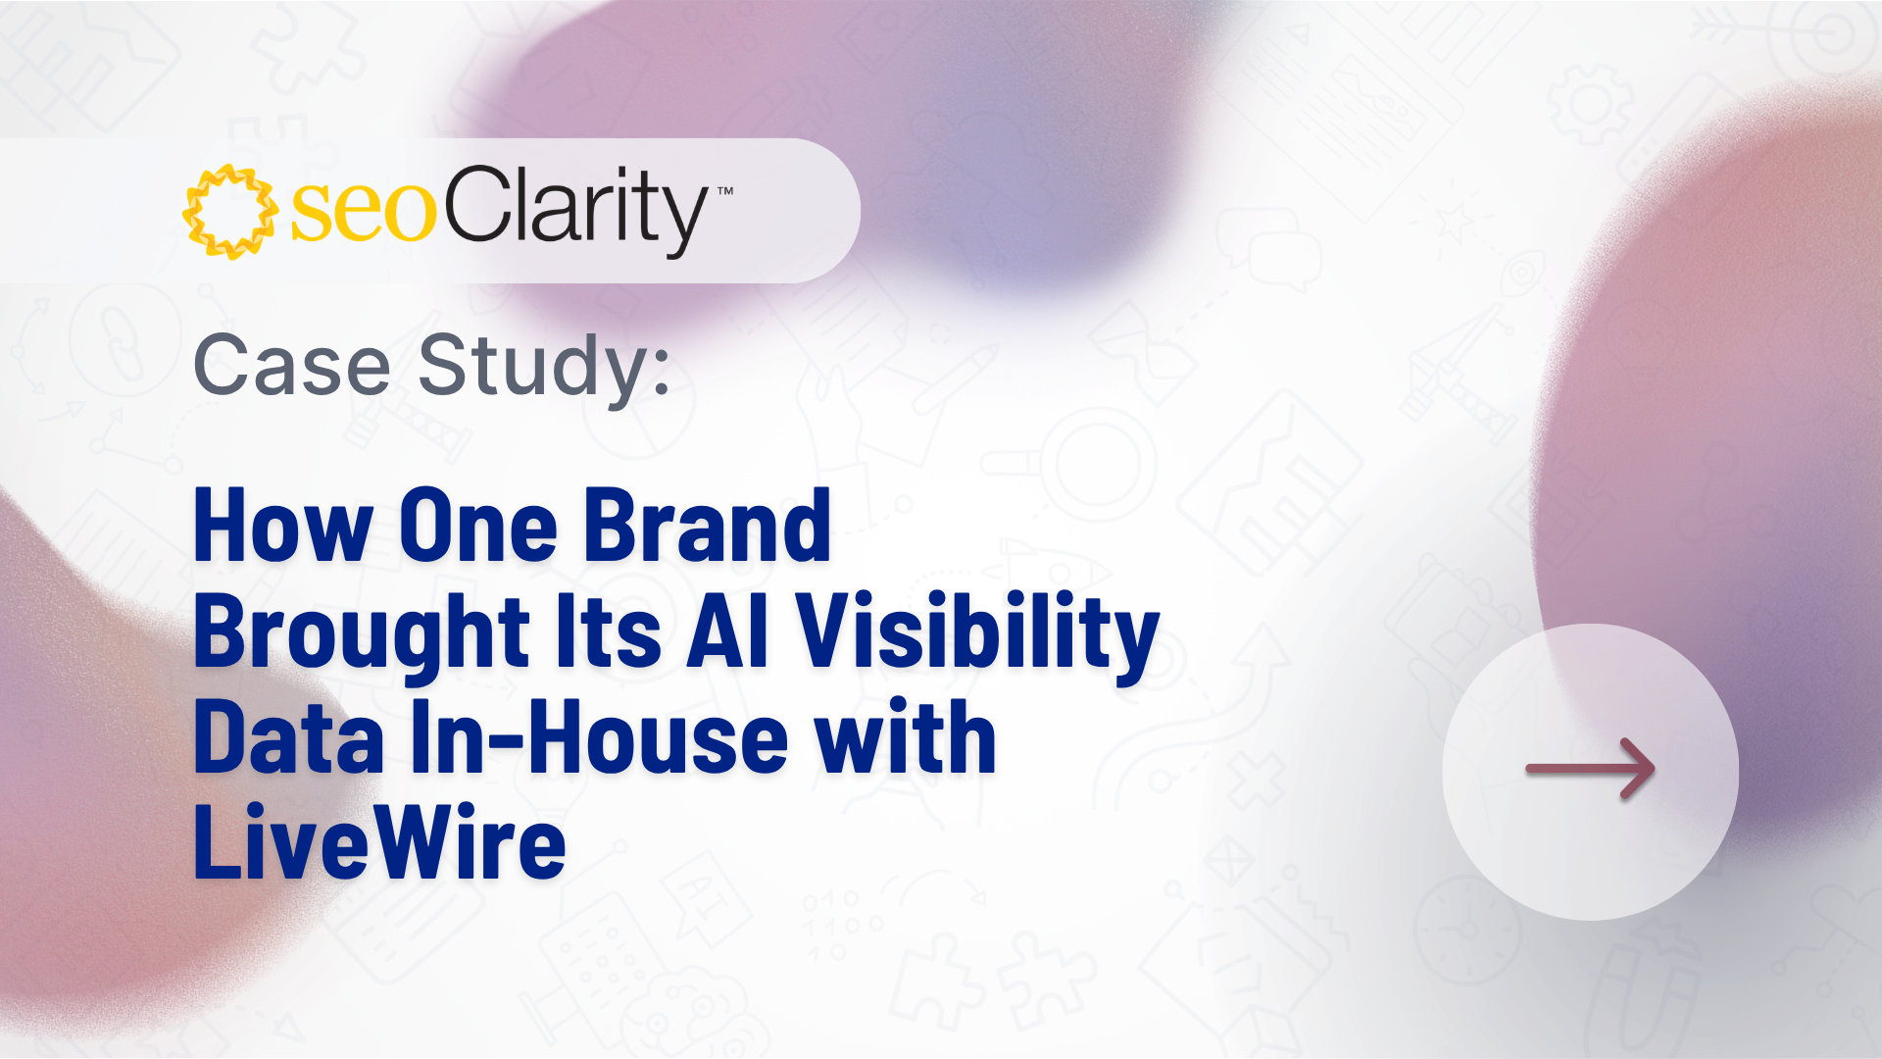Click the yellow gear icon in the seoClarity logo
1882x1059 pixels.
[230, 212]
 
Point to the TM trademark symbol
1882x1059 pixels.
[725, 191]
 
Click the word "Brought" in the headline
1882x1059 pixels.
[362, 633]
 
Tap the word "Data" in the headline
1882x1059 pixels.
[289, 737]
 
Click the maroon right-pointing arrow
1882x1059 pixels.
[1591, 769]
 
